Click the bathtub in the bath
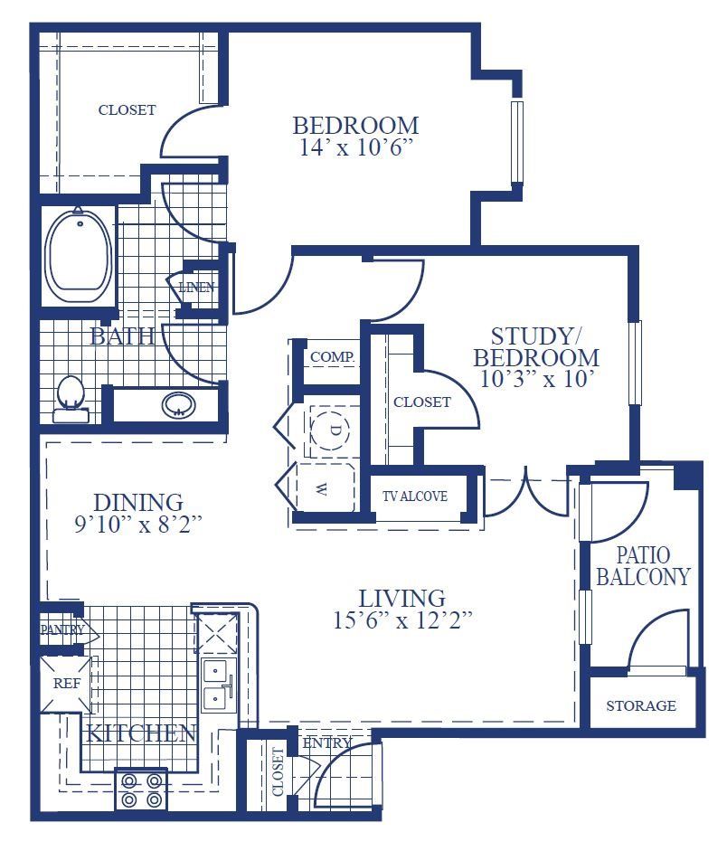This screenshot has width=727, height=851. [79, 258]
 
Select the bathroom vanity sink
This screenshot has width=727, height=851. [178, 404]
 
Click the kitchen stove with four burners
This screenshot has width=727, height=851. [141, 790]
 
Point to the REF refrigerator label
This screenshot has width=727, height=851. [66, 684]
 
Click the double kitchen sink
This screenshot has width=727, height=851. [218, 685]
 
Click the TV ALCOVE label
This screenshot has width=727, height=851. [415, 496]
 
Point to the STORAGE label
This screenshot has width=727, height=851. [641, 705]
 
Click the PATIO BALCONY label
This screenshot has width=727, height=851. [643, 566]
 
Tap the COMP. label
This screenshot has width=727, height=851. [333, 357]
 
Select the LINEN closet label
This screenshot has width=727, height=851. [196, 287]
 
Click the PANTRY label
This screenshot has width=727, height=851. [62, 629]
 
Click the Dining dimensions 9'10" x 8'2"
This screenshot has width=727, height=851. [138, 525]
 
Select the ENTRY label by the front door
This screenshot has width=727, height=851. [327, 743]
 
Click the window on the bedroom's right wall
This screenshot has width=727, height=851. [517, 142]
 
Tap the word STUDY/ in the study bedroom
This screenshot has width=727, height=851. [533, 336]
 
